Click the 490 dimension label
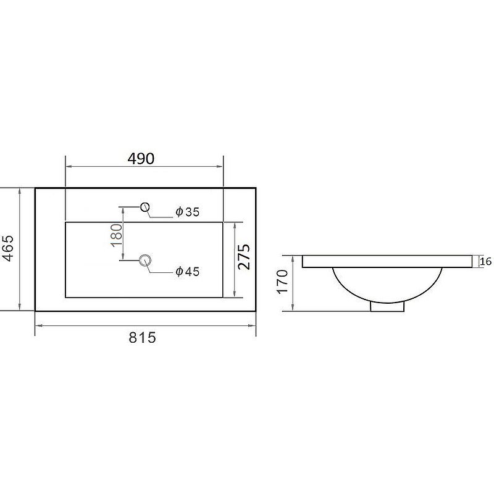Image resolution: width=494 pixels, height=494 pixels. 141,159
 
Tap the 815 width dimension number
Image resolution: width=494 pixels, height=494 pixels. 142,337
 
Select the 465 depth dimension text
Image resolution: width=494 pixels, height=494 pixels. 9,248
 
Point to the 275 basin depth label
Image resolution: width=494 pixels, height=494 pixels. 244,257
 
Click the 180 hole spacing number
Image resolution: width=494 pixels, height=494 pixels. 117,235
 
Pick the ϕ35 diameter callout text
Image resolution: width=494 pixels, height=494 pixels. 188,212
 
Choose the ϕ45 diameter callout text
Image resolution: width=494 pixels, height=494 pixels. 188,271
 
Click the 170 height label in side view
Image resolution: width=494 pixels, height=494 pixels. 283,282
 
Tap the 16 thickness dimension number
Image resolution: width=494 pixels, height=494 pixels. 486,261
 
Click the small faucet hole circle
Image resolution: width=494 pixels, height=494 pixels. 145,207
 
